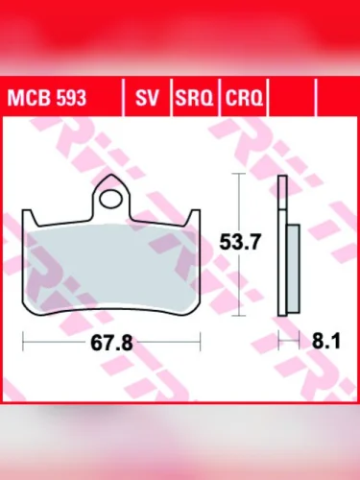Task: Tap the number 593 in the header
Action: tap(70, 98)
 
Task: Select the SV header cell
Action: tap(147, 98)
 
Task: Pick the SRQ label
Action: tap(194, 98)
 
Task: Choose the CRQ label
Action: tap(244, 98)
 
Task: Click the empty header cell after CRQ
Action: tap(294, 98)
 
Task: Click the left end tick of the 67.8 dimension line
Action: tap(25, 340)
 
